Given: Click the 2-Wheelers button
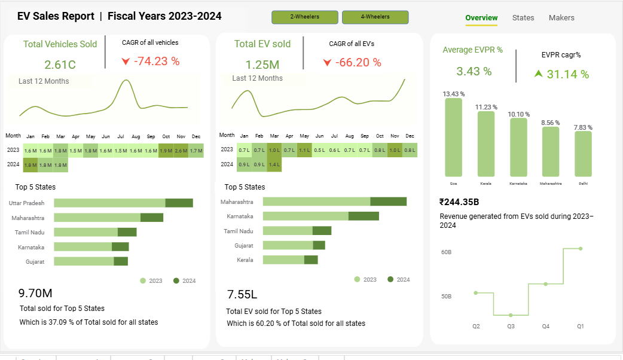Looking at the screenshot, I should coord(304,17).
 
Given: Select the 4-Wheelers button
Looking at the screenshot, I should coord(375,17).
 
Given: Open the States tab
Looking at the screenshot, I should coord(523,18).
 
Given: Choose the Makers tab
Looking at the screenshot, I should coord(561,18).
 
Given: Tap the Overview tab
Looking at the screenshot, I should coord(481,18).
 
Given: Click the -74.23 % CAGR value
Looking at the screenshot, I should coord(157,61).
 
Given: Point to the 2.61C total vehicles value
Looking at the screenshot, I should coord(60,65).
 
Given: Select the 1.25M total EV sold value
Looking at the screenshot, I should coord(262,65).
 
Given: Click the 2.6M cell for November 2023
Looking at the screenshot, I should coord(181,151).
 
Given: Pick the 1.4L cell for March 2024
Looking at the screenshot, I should coord(274,164).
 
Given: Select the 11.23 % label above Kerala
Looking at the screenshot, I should coord(486,107).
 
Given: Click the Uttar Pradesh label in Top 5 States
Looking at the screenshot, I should coord(26,203).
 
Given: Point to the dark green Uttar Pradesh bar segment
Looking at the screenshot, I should coord(179,203).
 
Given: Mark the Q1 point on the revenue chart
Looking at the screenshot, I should coord(581,248).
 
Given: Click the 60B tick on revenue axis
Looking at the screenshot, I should coord(446,252).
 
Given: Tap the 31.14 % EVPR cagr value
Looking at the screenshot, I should coord(567,74).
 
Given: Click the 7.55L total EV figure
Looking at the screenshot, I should coord(242,294).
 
